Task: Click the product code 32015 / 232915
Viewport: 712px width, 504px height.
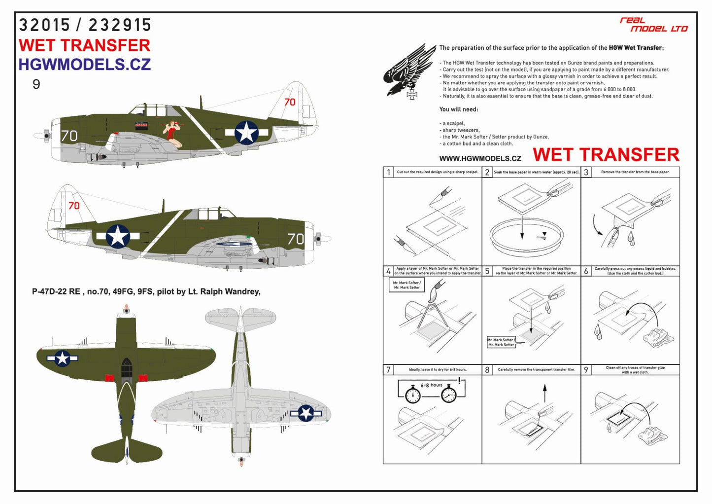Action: click(85, 25)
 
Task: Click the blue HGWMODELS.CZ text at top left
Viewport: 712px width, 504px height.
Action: click(84, 65)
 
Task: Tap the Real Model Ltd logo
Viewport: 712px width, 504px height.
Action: click(653, 25)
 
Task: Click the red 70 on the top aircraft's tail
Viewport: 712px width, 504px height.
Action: click(290, 102)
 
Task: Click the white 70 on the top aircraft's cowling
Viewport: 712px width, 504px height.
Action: click(69, 136)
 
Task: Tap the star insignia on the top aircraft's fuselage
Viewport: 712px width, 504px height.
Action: click(246, 133)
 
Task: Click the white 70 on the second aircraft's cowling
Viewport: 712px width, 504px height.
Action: click(296, 239)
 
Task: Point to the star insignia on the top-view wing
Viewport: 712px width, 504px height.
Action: click(63, 358)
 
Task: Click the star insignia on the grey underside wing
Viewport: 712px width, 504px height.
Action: click(306, 413)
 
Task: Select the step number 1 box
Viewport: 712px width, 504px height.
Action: click(388, 172)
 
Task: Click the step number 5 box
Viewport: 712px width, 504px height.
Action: click(487, 271)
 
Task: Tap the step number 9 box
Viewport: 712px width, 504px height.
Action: click(586, 370)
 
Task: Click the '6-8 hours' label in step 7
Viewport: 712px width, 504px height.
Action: click(431, 385)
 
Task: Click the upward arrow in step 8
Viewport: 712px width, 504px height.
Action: click(544, 393)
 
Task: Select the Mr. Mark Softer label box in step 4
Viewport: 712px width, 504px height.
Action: click(407, 285)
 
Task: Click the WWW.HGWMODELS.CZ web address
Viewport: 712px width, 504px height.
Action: click(480, 158)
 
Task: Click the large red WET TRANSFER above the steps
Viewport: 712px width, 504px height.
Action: click(606, 155)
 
